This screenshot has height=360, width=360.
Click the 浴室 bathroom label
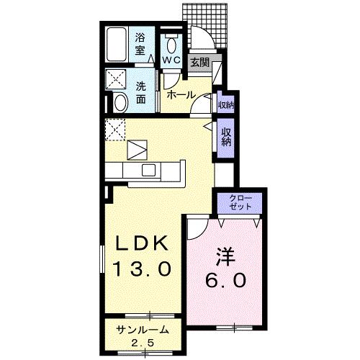click(140, 42)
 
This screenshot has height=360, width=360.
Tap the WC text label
click(171, 60)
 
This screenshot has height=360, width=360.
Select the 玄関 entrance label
click(199, 63)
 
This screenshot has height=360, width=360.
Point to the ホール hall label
click(180, 94)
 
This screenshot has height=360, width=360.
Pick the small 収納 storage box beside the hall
click(225, 105)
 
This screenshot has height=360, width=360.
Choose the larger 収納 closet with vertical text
click(225, 136)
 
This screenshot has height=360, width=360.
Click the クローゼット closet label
click(240, 202)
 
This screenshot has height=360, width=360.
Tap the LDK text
click(142, 243)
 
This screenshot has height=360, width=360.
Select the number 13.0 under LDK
click(142, 270)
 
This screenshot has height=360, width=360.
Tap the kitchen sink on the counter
click(149, 170)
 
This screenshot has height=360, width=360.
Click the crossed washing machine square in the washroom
click(115, 79)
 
